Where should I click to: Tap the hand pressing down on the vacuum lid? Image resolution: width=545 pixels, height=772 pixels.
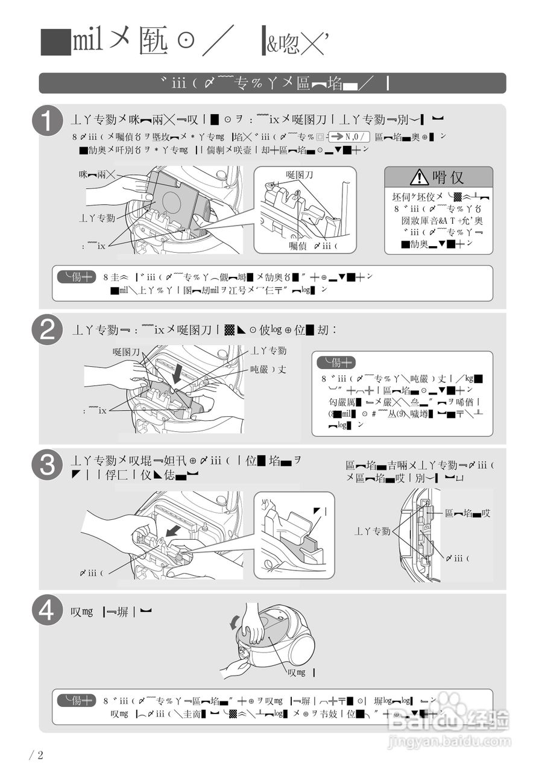coord(253,630)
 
